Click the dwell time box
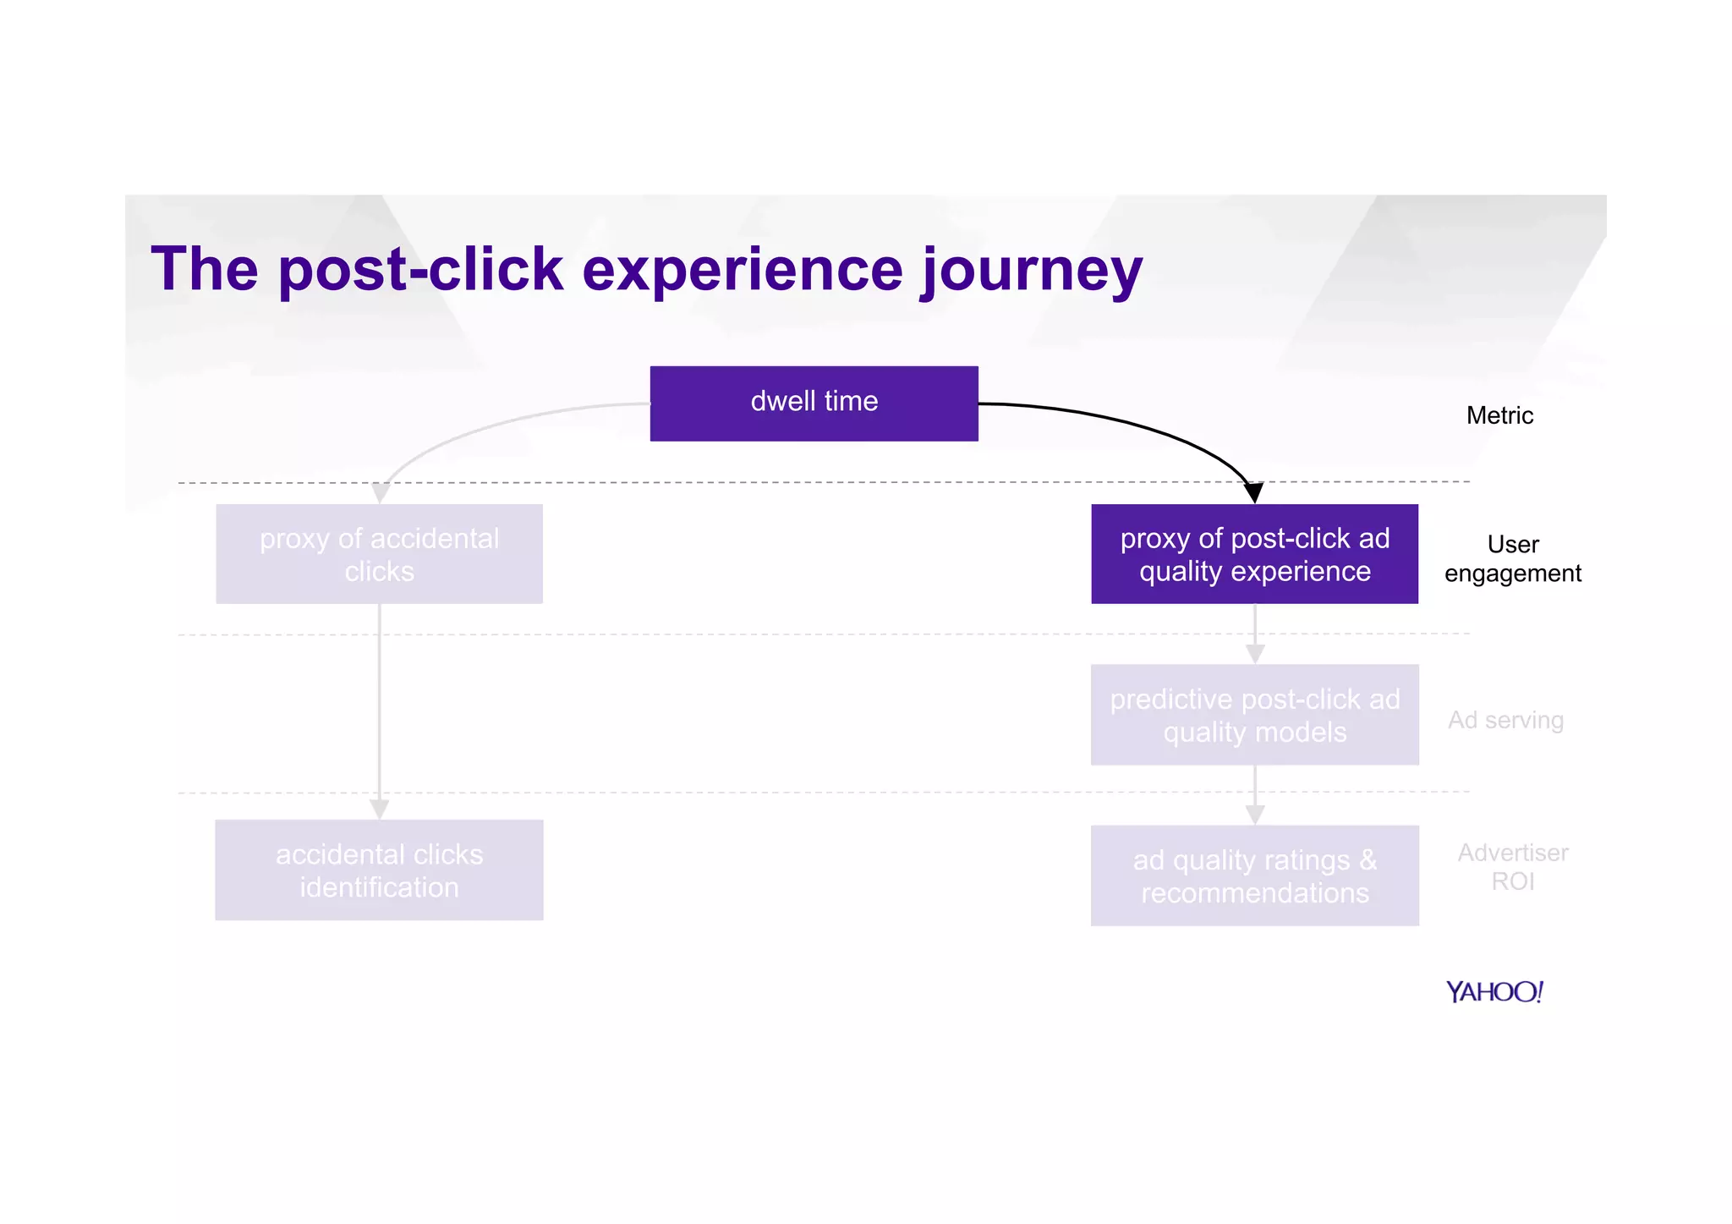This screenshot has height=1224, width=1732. (x=814, y=403)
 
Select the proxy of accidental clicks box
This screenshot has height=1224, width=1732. (x=379, y=554)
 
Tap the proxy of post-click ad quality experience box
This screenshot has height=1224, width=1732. (x=1254, y=554)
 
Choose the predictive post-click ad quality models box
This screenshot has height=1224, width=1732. (x=1254, y=715)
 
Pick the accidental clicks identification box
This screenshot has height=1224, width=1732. (x=379, y=870)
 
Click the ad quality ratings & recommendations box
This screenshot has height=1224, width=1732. (x=1254, y=875)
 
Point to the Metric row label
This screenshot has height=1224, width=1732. (x=1499, y=415)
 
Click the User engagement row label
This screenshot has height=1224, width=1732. (x=1512, y=558)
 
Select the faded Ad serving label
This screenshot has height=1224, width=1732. (x=1505, y=720)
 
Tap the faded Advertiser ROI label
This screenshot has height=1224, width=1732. (x=1512, y=866)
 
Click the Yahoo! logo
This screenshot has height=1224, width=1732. (x=1494, y=991)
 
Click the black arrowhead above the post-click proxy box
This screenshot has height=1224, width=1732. (x=1253, y=492)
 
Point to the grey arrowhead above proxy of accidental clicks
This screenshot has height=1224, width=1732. (x=381, y=492)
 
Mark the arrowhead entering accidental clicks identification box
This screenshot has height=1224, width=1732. (x=379, y=810)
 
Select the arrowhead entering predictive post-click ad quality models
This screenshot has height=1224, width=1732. (x=1255, y=654)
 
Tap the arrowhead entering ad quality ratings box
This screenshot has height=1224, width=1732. (x=1255, y=815)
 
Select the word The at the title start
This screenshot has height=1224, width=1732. (x=204, y=269)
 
